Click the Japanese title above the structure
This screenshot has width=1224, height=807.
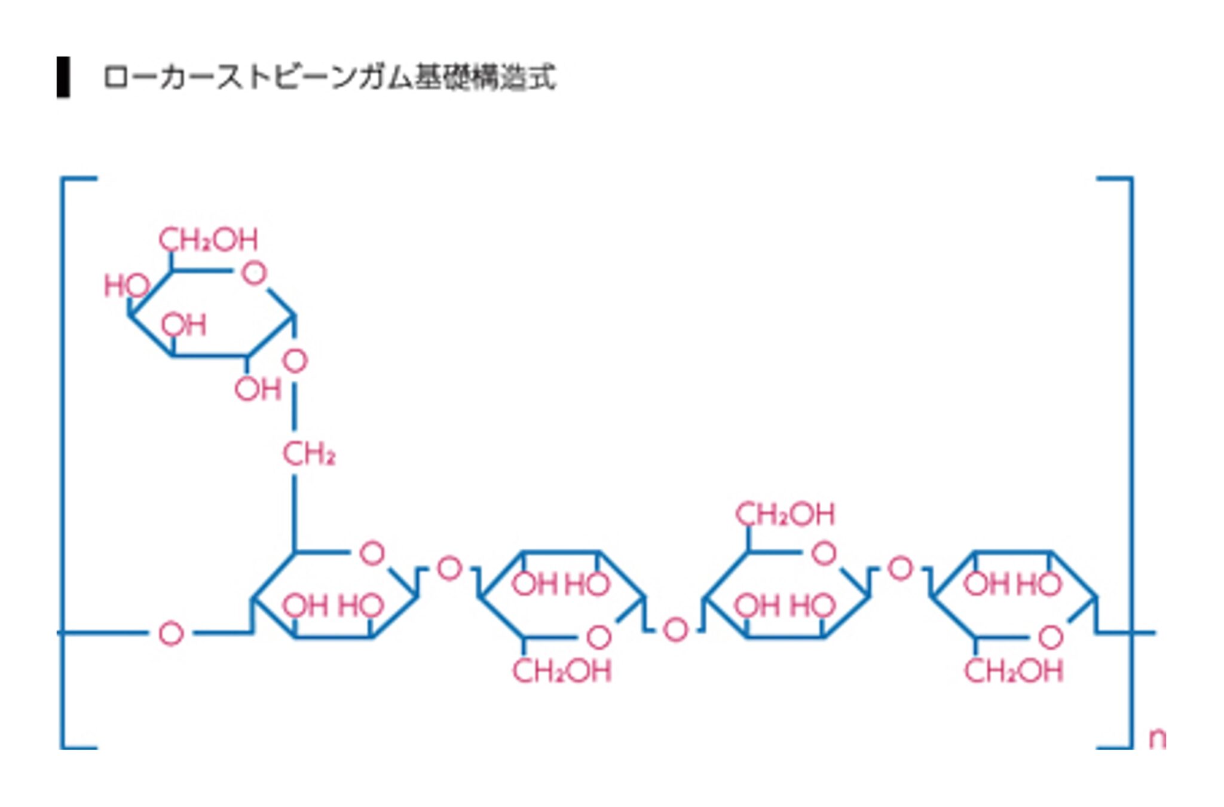point(329,78)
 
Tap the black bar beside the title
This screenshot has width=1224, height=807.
point(63,77)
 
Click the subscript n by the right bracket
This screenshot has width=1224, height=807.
point(1157,739)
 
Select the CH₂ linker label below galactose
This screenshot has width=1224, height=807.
point(308,454)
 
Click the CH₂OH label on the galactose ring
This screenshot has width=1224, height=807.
point(208,240)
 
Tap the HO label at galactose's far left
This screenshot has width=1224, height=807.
point(126,286)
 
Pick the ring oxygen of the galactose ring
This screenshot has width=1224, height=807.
point(254,274)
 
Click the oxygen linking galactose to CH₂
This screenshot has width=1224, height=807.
point(295,361)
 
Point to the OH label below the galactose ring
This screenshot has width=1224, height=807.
point(258,390)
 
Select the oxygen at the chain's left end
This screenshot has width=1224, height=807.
point(171,634)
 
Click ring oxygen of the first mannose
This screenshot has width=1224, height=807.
point(372,554)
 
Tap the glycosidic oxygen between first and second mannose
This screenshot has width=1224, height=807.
point(449,568)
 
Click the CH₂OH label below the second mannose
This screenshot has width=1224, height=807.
point(562,671)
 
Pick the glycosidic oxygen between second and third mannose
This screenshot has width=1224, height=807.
point(675,630)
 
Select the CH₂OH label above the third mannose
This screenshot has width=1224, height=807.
point(785,515)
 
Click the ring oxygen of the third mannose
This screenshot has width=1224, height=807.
point(824,554)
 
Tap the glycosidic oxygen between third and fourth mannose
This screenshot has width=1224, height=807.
point(901,568)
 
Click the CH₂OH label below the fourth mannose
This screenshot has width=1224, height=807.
point(1014,671)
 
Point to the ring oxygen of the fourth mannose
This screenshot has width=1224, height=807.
point(1050,637)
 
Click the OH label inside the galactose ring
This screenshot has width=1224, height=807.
point(183,325)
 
